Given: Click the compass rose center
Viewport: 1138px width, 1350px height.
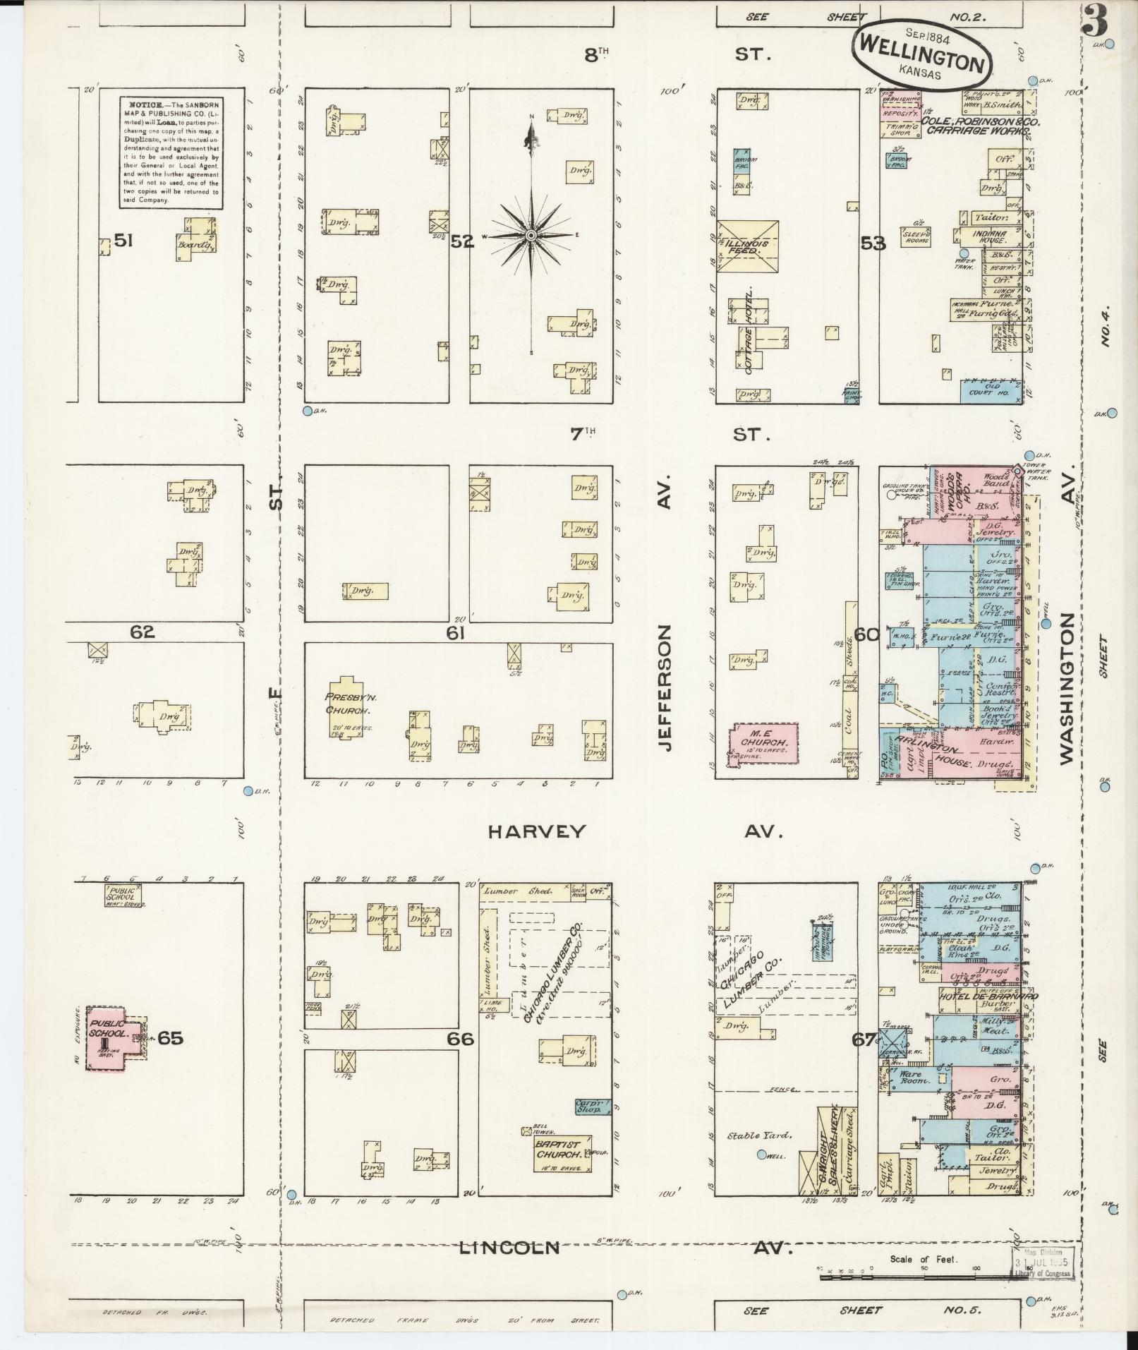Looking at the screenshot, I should click(x=530, y=235).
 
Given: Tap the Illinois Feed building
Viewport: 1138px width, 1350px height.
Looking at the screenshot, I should click(x=749, y=246).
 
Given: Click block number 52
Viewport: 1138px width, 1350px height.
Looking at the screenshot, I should click(x=462, y=241).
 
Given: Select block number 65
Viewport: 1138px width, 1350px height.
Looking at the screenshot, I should click(x=170, y=1037).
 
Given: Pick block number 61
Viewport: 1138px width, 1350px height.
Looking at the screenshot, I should click(x=455, y=634).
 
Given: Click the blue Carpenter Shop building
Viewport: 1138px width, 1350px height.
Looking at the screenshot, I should click(x=588, y=1107).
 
